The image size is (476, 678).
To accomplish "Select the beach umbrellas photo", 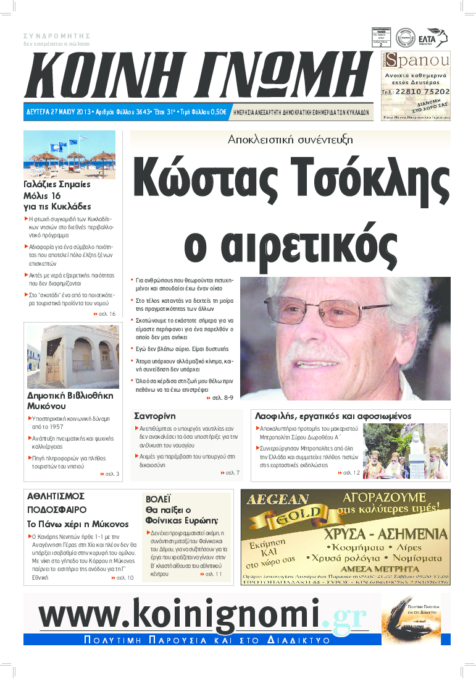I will [x=69, y=155].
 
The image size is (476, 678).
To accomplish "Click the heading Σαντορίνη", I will [x=155, y=416].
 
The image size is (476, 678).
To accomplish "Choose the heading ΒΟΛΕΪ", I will [x=158, y=499].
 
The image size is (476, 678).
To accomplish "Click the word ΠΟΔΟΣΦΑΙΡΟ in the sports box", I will [x=57, y=510].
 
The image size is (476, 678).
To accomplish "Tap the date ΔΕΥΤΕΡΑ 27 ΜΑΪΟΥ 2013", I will [x=59, y=112].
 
